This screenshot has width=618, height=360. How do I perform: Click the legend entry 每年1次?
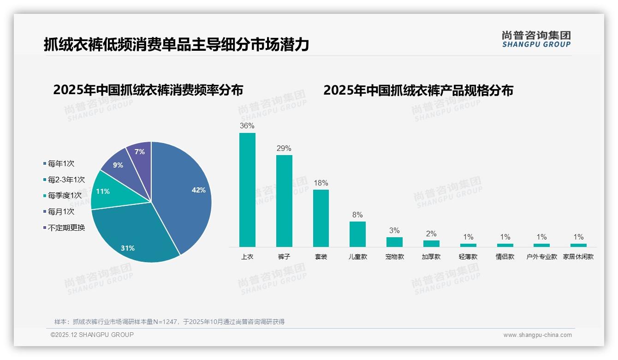[60, 163]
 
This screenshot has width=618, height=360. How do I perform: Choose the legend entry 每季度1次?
[64, 196]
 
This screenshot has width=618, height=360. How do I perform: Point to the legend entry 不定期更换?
[66, 228]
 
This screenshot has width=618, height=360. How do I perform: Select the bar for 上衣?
[247, 190]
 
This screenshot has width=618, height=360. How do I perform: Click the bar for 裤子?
[284, 201]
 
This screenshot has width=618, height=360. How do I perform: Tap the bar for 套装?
[321, 218]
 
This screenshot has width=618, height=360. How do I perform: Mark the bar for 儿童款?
[357, 234]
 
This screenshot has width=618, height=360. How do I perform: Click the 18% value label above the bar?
[321, 183]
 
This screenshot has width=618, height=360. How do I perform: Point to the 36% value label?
[247, 126]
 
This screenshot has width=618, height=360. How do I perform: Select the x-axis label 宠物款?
[394, 257]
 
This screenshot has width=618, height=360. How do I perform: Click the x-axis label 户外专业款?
[542, 257]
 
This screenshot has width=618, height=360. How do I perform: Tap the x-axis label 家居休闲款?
[578, 257]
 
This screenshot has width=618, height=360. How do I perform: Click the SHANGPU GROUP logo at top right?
[536, 39]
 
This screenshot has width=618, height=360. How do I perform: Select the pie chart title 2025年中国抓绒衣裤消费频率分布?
[148, 90]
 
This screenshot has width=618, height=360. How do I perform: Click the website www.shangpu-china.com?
[537, 335]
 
